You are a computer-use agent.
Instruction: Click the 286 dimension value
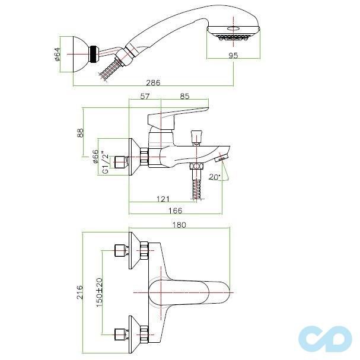[x=153, y=82]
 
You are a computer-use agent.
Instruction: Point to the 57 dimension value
[x=145, y=95]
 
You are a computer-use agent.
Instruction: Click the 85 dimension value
[x=184, y=95]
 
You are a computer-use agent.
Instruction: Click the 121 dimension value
[x=163, y=199]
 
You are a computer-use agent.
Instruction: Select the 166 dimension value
[x=173, y=211]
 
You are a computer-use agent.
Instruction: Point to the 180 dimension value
[x=179, y=224]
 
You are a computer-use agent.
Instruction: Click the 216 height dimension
[x=80, y=291]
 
